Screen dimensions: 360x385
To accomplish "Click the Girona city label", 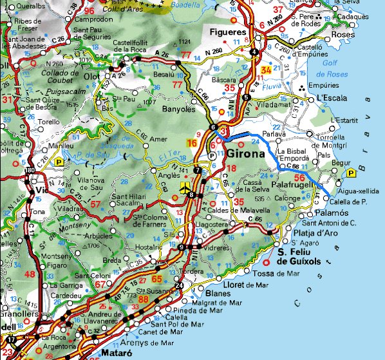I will [x=246, y=155].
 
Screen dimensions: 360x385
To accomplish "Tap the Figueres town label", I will [x=229, y=32].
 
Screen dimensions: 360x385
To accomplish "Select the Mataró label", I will [x=117, y=354].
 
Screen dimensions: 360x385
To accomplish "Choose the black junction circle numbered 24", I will [x=178, y=286].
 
